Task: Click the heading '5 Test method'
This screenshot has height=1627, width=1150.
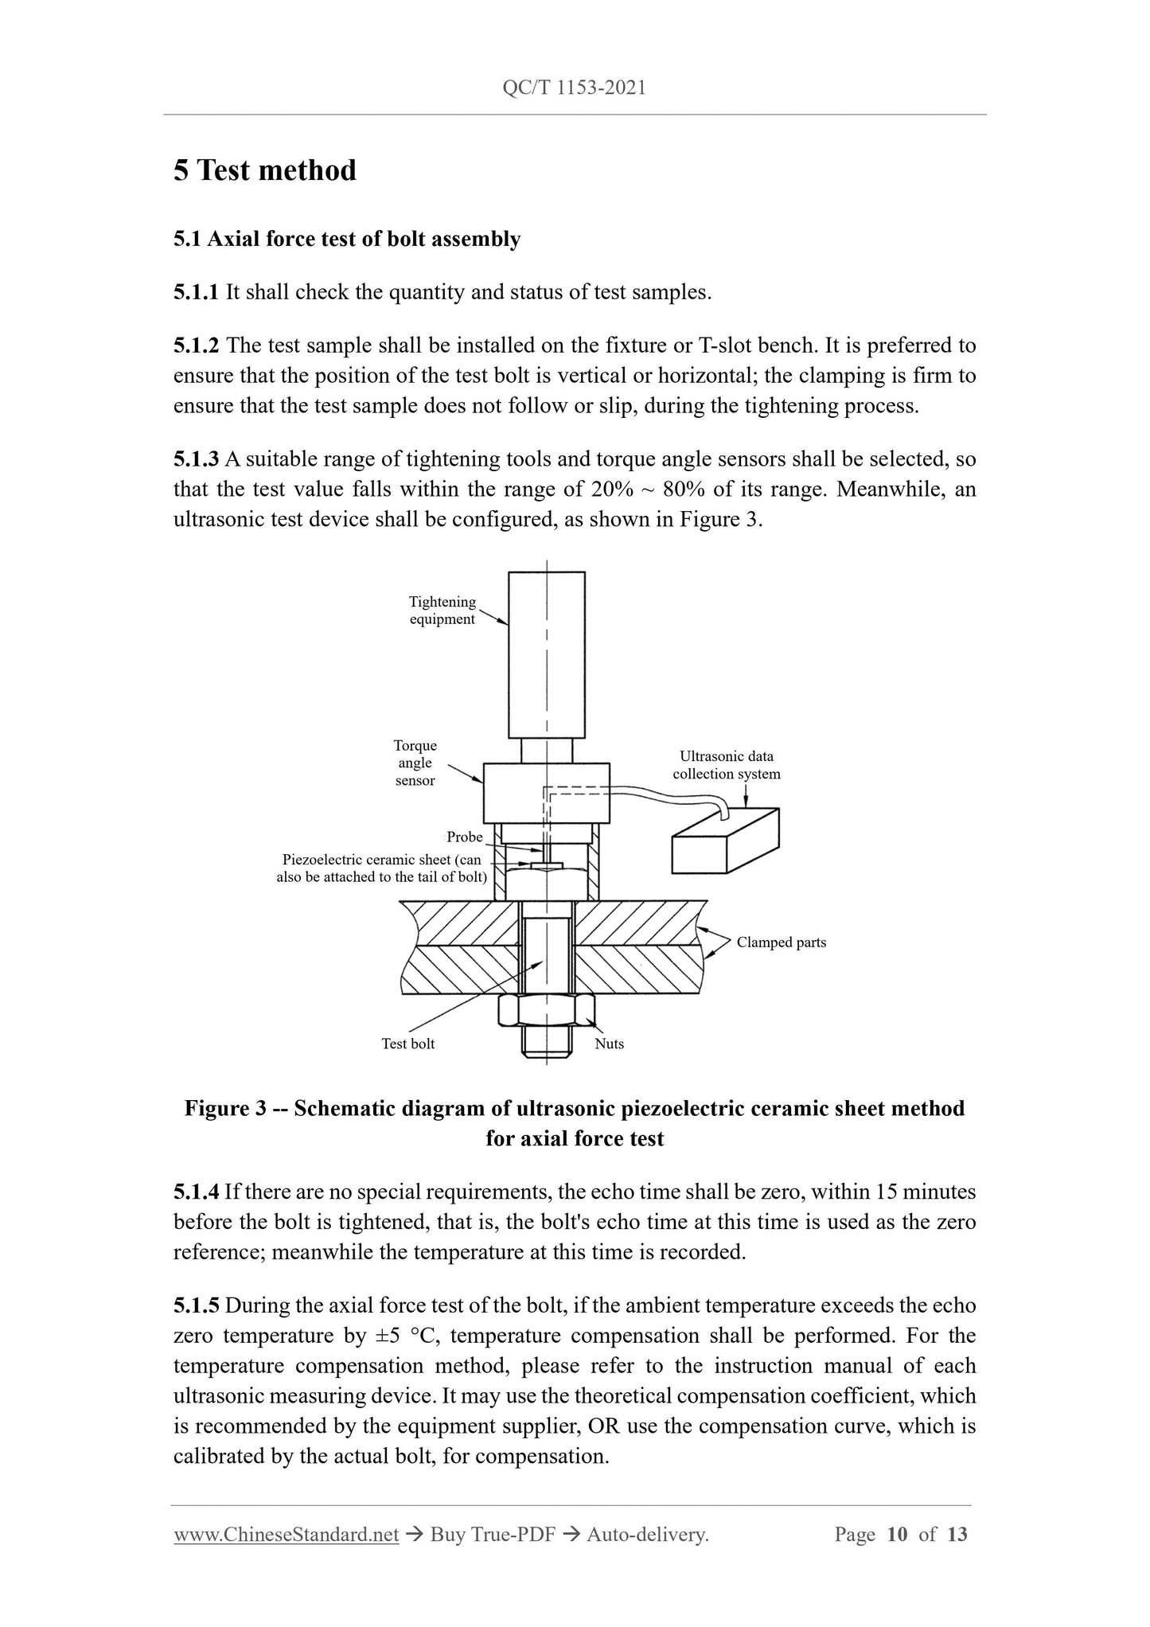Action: pos(265,170)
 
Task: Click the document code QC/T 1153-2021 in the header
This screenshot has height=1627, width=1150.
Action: pos(574,88)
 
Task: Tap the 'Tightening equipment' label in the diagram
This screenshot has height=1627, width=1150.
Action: pos(442,611)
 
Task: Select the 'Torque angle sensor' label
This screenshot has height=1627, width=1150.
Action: pos(415,763)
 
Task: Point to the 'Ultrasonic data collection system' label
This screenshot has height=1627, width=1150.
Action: pos(726,765)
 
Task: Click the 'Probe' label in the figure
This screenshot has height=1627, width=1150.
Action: pos(465,837)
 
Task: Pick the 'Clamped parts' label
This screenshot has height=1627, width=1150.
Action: pos(781,942)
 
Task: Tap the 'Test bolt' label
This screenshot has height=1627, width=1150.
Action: pos(408,1044)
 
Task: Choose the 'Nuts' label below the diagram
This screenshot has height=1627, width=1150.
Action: pos(609,1044)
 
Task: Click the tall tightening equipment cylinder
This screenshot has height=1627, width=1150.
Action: pos(547,654)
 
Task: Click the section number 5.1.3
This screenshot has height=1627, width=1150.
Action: pos(196,459)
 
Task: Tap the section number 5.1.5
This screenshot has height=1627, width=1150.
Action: pos(196,1306)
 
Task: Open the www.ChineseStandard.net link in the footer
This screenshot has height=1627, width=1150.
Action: pos(286,1534)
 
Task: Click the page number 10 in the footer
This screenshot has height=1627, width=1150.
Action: pos(896,1534)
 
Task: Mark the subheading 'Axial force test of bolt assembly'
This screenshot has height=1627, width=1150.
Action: pos(364,240)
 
